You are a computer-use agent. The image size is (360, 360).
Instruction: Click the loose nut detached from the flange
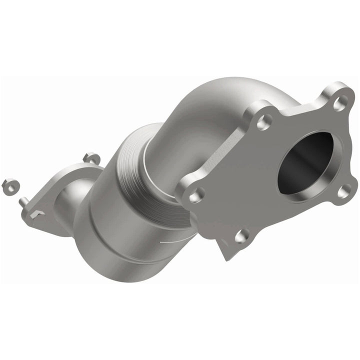pos(8,185)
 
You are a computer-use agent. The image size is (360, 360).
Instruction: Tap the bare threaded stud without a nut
pos(23,201)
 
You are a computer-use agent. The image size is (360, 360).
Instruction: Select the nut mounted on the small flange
pos(91,158)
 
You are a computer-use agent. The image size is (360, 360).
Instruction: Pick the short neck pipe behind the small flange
pos(75,197)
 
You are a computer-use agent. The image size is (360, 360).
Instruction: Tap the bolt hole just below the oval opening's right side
pos(342,191)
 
